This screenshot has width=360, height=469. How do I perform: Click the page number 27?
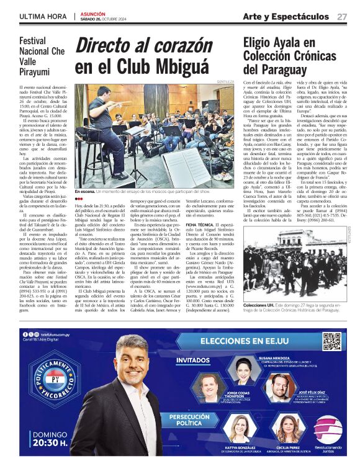click(x=341, y=16)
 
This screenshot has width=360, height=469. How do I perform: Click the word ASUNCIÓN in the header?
click(x=94, y=12)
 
